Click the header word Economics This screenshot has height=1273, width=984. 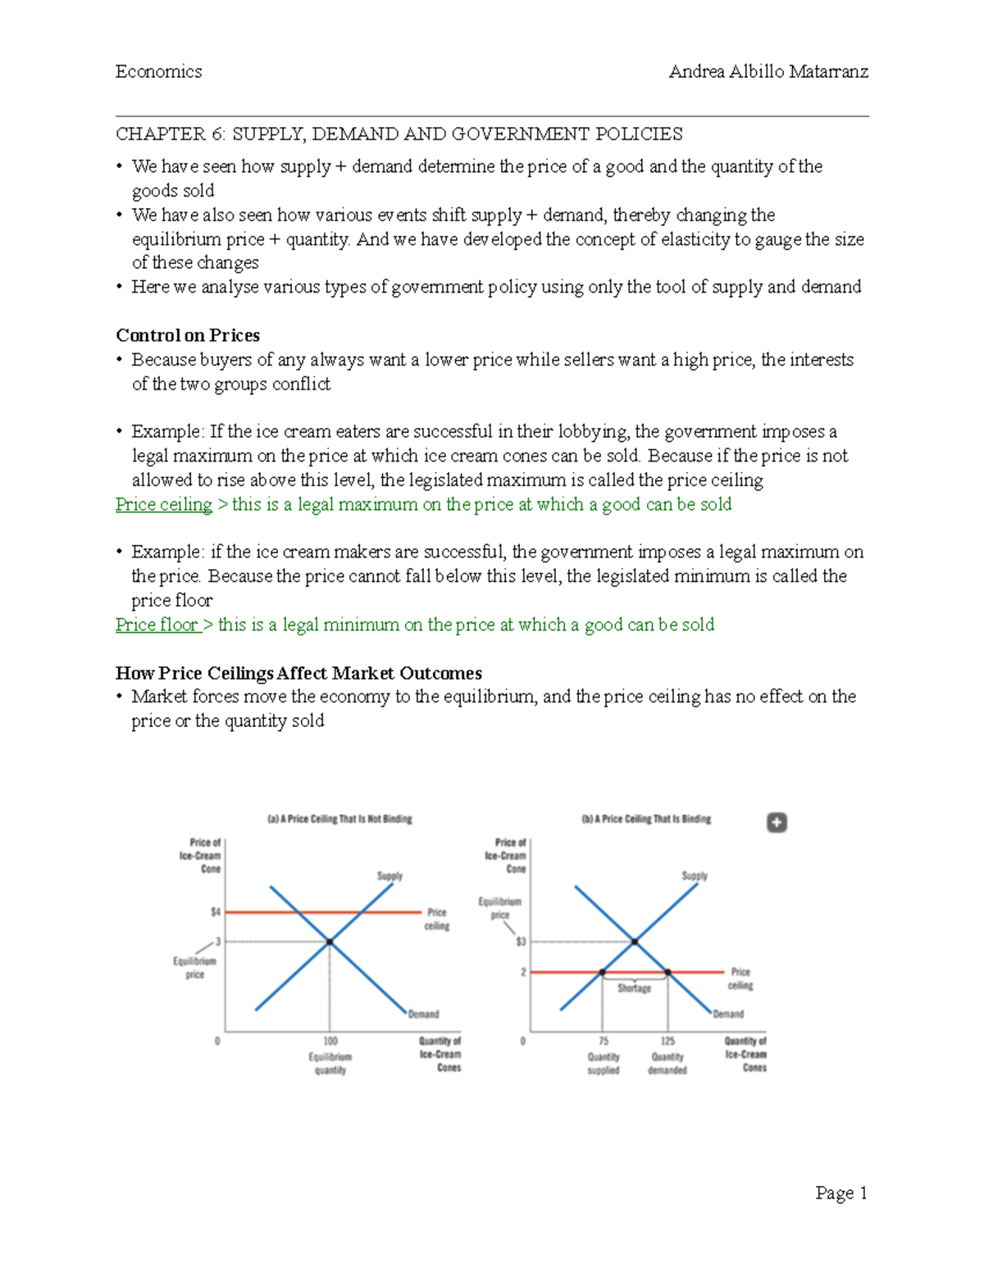[158, 71]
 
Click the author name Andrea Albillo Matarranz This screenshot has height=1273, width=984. [768, 71]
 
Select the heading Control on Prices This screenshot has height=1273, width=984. [188, 335]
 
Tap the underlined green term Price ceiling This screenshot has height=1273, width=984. [164, 504]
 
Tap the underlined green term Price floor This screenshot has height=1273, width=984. [157, 625]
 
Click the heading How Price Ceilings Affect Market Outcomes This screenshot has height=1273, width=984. [298, 673]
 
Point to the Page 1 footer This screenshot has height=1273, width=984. [840, 1193]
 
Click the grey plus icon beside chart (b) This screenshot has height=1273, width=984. [777, 822]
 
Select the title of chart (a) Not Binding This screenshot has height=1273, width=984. [339, 819]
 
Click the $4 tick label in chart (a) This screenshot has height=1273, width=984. [215, 912]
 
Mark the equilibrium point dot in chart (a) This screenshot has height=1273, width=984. [330, 942]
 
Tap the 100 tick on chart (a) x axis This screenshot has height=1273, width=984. [330, 1041]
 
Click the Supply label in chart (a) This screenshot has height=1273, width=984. [389, 875]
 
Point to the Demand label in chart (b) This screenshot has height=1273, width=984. [728, 1014]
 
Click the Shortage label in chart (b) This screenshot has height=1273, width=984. [634, 989]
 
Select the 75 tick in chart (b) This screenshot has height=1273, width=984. [604, 1041]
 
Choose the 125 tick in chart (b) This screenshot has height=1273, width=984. [667, 1041]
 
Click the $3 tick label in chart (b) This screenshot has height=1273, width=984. [521, 942]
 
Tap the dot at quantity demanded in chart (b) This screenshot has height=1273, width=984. [667, 972]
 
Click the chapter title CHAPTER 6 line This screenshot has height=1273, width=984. [399, 134]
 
